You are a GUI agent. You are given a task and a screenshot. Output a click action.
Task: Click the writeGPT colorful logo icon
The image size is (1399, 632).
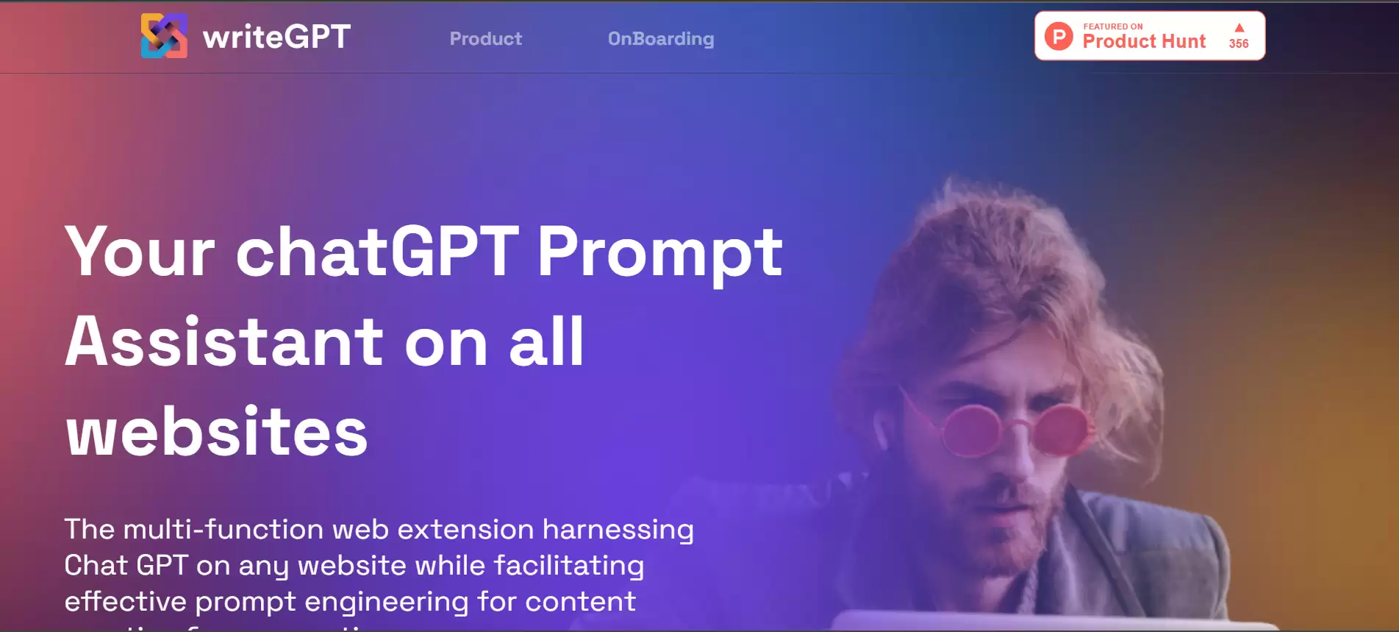164,36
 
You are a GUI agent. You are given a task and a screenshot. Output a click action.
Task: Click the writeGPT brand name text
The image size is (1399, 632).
276,37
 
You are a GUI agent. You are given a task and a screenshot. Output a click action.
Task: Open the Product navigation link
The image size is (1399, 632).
485,38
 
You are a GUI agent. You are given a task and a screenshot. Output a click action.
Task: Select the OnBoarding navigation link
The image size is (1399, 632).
660,38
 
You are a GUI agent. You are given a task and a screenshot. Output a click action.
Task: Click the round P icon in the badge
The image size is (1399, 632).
1059,36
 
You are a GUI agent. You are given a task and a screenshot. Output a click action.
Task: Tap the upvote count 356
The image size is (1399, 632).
1239,43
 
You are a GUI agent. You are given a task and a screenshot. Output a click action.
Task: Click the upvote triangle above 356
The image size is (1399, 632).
1239,28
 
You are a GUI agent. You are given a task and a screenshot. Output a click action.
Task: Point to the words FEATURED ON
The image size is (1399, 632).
1113,26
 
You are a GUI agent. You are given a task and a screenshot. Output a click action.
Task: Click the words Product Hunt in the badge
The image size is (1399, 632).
1144,42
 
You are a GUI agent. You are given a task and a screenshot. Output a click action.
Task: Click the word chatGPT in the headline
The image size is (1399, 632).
377,252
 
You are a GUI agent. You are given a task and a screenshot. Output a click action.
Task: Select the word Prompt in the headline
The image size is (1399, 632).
659,252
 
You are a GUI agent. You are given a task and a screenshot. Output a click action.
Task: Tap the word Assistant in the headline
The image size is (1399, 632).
224,342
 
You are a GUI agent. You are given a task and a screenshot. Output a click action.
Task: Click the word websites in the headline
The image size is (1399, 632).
217,432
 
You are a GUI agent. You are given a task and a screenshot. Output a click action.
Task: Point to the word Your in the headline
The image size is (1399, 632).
140,252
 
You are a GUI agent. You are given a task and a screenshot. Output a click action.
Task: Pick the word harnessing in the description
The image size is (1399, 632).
618,530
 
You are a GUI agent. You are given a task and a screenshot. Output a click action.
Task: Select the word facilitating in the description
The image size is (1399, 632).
569,565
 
